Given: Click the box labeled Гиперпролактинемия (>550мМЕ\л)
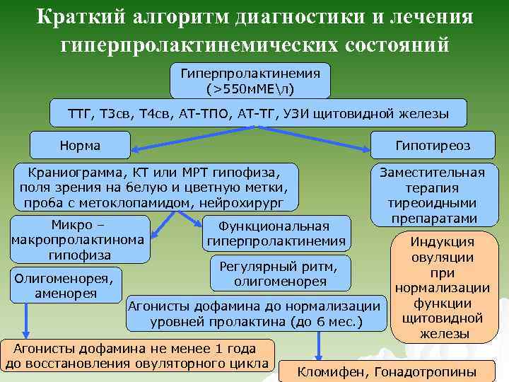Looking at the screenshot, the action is point(251,81).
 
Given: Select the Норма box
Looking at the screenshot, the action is point(80,146).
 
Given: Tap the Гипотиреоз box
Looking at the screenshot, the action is point(433,146).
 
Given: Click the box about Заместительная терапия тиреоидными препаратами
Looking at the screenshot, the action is point(432,195).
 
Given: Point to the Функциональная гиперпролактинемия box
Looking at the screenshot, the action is point(276,234).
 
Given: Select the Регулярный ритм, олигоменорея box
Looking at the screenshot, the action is point(280,273).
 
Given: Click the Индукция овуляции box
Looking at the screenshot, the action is point(442,287).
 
